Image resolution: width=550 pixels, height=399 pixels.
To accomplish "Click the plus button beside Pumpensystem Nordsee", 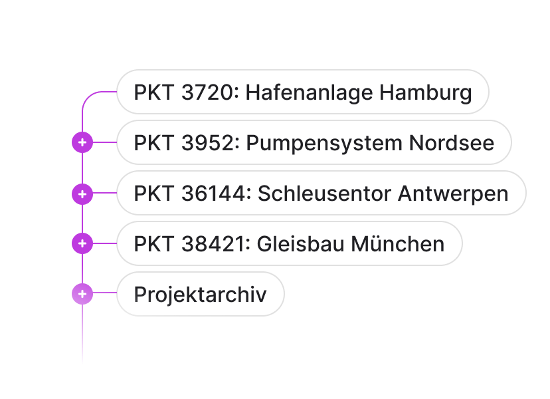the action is pos(82,142).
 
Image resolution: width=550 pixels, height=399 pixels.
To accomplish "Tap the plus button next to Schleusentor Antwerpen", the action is pos(82,194).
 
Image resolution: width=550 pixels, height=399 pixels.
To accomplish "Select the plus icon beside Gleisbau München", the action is pos(82,244).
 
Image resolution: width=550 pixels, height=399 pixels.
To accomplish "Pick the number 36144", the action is pos(213,194).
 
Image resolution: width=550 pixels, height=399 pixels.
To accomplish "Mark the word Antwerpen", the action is pos(453,194).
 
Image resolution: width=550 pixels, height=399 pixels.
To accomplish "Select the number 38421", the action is pos(213,244).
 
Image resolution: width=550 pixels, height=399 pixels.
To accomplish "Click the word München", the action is pos(398,244).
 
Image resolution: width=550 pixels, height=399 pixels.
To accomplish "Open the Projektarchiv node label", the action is pos(200,294).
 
